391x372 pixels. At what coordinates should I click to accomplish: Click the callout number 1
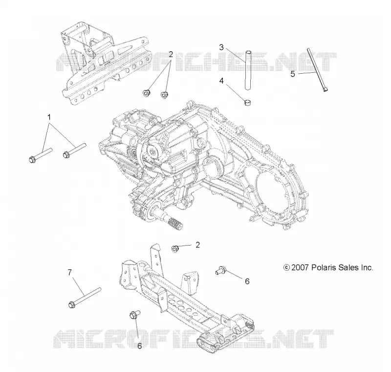click(x=49, y=117)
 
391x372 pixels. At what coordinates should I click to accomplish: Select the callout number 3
click(x=221, y=47)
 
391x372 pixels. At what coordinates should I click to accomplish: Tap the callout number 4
click(x=221, y=81)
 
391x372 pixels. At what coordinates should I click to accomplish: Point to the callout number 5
click(x=293, y=74)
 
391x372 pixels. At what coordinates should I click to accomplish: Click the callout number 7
click(x=69, y=272)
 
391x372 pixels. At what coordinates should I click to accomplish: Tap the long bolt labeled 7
click(x=84, y=298)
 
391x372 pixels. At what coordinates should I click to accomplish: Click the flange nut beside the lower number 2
click(x=175, y=248)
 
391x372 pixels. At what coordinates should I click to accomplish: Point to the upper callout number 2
click(x=171, y=54)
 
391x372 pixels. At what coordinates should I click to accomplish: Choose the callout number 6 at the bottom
click(x=139, y=346)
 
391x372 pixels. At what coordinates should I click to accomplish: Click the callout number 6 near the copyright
click(x=247, y=281)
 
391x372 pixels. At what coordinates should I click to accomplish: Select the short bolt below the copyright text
click(x=221, y=270)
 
